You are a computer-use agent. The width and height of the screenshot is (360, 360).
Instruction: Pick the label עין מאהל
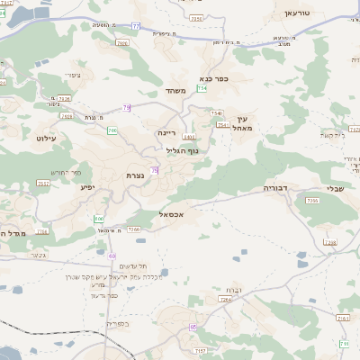pyautogui.click(x=240, y=123)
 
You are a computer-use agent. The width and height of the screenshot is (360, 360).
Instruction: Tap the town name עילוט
pyautogui.click(x=47, y=138)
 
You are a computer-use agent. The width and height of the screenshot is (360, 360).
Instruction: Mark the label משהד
pyautogui.click(x=175, y=92)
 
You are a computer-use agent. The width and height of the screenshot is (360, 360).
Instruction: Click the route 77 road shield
pyautogui.click(x=136, y=28)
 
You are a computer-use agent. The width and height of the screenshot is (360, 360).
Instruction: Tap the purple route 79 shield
pyautogui.click(x=127, y=107)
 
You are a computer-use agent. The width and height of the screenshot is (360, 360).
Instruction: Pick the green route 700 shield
pyautogui.click(x=112, y=130)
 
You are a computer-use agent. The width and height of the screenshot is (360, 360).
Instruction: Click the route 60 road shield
pyautogui.click(x=112, y=256)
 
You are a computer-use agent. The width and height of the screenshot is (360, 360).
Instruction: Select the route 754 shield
pyautogui.click(x=203, y=89)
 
